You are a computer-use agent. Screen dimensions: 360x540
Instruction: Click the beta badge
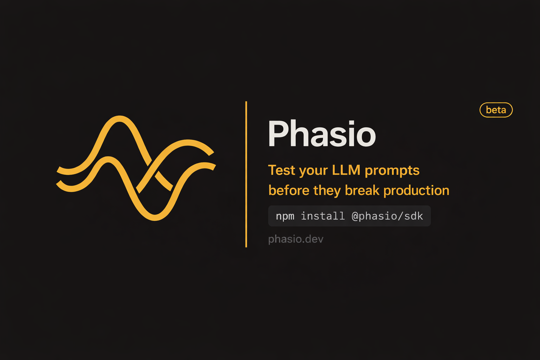tap(496, 110)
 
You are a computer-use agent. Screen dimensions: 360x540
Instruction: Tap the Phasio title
tap(322, 134)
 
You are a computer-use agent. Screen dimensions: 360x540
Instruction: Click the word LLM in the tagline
tap(346, 170)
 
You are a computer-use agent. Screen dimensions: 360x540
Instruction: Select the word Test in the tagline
tap(282, 170)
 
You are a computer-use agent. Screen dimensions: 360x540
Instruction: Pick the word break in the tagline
tap(362, 190)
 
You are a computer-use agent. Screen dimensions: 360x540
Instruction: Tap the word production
tap(416, 191)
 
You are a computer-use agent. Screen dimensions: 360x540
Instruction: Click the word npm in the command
tap(285, 216)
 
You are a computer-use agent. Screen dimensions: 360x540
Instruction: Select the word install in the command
tap(323, 216)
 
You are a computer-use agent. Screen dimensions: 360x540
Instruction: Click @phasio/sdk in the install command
tap(387, 216)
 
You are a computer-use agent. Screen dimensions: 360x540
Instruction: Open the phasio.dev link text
tap(296, 239)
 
